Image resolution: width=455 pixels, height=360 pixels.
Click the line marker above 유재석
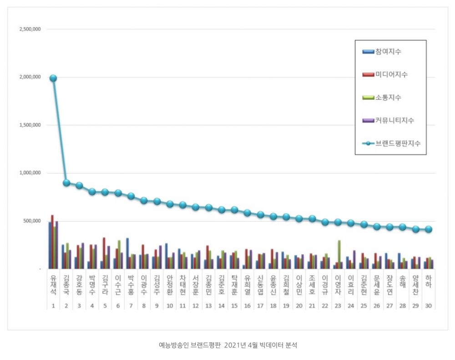(53, 78)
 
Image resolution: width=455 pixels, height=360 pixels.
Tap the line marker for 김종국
(66, 183)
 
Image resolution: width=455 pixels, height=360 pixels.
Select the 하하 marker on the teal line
(429, 230)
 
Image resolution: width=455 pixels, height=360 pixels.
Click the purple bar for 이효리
(354, 260)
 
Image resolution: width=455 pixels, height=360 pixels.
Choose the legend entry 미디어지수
(391, 75)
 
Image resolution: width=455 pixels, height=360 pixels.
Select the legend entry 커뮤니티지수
(394, 120)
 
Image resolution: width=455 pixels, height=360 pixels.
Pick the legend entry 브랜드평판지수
(397, 143)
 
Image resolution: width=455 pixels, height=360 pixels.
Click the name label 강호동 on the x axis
(79, 285)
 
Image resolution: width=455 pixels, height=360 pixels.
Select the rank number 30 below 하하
(428, 306)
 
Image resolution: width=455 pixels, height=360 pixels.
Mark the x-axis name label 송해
(402, 282)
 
